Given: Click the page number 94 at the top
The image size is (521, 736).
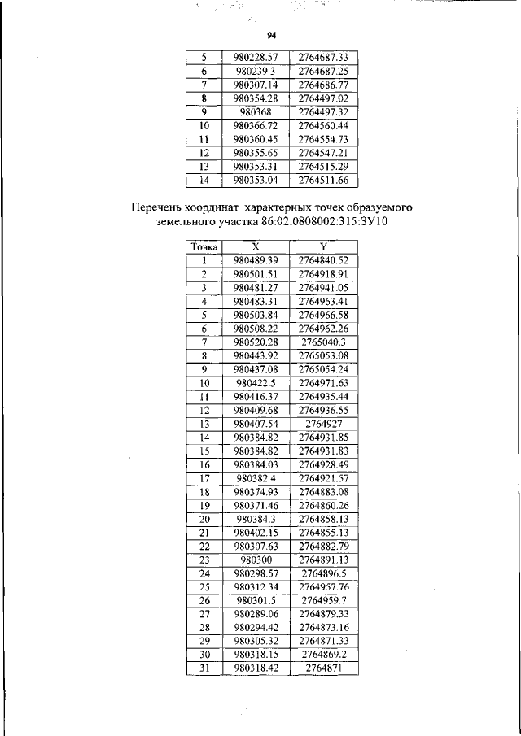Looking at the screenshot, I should pyautogui.click(x=272, y=35).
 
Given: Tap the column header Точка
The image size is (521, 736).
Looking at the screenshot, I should pyautogui.click(x=203, y=246).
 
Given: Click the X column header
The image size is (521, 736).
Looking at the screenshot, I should pyautogui.click(x=256, y=246).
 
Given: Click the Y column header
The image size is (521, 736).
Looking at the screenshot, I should pyautogui.click(x=323, y=246).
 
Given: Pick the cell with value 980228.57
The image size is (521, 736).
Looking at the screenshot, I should pyautogui.click(x=256, y=58).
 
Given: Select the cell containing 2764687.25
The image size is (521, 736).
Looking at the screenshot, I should pyautogui.click(x=323, y=71).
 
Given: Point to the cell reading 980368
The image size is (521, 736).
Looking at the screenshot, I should pyautogui.click(x=256, y=111).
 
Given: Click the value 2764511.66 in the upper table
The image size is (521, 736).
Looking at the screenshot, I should pyautogui.click(x=323, y=180).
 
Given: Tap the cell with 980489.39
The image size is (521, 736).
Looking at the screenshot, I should pyautogui.click(x=256, y=260).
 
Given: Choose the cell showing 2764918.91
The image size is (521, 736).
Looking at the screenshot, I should pyautogui.click(x=323, y=274).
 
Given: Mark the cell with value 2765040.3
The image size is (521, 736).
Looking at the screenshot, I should pyautogui.click(x=323, y=342).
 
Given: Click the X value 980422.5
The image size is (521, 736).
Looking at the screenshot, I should pyautogui.click(x=256, y=382).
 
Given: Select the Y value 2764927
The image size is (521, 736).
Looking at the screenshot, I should pyautogui.click(x=323, y=424).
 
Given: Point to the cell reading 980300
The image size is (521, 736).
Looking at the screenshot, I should pyautogui.click(x=256, y=560).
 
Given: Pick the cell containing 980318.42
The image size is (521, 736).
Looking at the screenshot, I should pyautogui.click(x=256, y=668).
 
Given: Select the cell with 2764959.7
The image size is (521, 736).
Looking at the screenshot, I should pyautogui.click(x=323, y=600).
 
